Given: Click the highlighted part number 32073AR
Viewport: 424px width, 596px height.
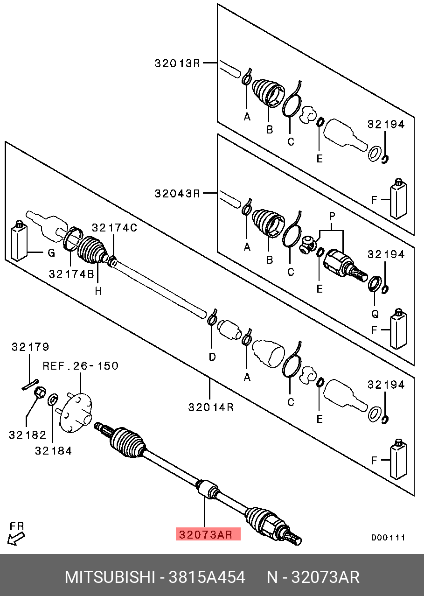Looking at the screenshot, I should point(208,534).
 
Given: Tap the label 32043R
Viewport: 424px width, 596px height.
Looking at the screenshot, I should point(177,193).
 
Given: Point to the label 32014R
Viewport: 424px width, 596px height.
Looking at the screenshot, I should point(211,407).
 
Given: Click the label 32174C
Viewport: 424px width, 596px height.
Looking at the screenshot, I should point(114,228).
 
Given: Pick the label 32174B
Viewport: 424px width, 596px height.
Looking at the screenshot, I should point(71,274).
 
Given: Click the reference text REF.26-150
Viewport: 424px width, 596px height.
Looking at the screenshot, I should point(81,366).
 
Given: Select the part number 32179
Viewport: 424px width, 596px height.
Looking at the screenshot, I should point(30,347).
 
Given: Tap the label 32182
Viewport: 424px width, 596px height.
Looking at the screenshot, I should point(28,435).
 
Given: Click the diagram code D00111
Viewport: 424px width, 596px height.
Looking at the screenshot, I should point(388,538).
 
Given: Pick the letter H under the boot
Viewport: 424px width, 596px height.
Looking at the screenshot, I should point(98,291).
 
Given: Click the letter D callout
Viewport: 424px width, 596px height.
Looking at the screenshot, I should point(212,357).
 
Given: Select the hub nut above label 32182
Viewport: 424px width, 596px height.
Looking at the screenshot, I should point(41,393).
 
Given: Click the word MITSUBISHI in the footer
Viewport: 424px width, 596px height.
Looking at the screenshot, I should point(109,577).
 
